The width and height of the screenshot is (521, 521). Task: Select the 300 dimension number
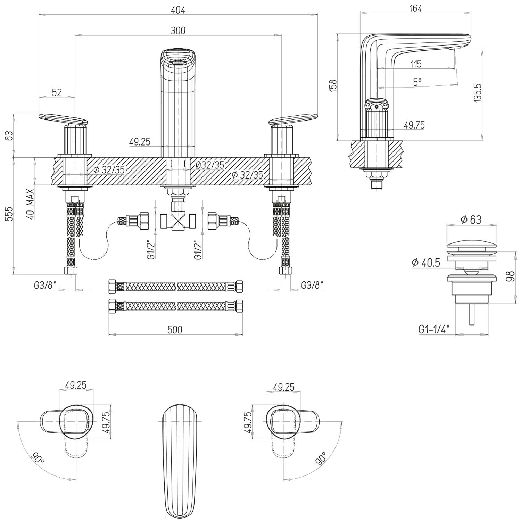(x=178, y=31)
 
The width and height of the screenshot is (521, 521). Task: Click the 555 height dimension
(x=9, y=214)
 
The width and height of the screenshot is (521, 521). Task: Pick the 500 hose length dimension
(x=175, y=329)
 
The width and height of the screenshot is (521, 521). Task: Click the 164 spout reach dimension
(x=415, y=9)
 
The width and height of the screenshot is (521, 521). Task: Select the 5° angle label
(x=417, y=82)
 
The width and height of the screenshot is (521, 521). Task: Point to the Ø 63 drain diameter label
(x=471, y=220)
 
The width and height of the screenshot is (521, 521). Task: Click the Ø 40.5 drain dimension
(x=426, y=263)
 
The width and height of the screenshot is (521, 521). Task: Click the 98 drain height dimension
(x=510, y=277)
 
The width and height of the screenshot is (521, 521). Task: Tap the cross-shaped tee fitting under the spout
(x=178, y=221)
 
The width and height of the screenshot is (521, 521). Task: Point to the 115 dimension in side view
(x=416, y=64)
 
